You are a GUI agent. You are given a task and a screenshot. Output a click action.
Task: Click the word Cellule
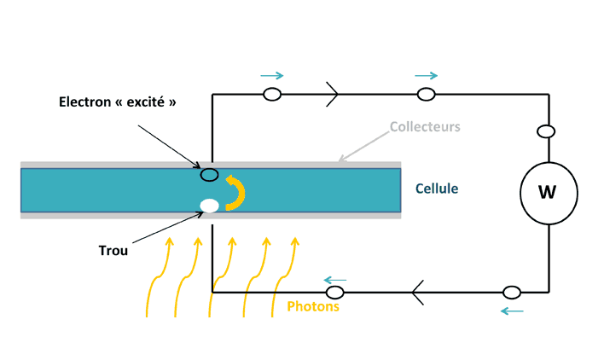click(x=438, y=188)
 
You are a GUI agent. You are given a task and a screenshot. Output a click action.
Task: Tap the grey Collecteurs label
click(x=425, y=127)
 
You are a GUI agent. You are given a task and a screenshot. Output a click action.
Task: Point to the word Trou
click(x=113, y=251)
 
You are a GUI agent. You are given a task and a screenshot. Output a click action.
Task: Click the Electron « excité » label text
click(x=118, y=102)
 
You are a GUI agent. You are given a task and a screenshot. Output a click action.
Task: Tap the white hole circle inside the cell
click(x=208, y=205)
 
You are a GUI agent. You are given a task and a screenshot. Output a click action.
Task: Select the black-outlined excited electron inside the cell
click(x=208, y=175)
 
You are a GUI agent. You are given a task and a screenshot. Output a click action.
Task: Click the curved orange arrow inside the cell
click(x=234, y=192)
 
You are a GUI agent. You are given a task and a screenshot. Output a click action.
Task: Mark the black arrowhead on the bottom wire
click(x=417, y=293)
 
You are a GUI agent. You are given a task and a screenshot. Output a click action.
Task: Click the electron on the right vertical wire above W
click(x=547, y=131)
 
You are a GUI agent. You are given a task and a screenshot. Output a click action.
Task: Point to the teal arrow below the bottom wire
click(x=512, y=311)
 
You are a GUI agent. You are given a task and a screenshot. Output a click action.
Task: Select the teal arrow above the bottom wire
click(x=334, y=279)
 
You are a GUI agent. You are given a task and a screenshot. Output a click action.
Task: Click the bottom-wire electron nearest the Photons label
click(x=334, y=293)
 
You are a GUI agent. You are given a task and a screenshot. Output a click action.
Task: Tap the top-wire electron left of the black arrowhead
click(x=272, y=94)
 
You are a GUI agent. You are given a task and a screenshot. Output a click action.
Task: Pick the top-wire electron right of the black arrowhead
click(x=426, y=94)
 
